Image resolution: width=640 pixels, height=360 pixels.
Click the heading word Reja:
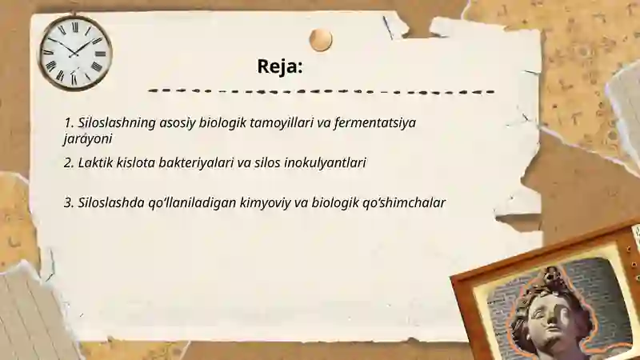point(279,66)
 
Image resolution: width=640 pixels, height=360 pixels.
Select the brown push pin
point(321,39)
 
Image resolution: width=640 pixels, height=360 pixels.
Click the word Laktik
point(98,162)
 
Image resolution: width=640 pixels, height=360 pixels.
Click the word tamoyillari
point(283,123)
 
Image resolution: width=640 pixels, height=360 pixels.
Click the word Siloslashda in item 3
point(111,202)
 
